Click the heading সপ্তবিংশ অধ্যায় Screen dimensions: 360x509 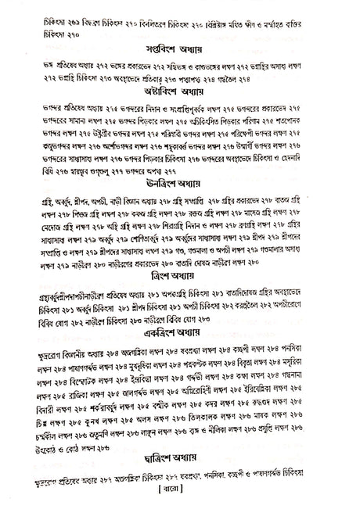coord(180,48)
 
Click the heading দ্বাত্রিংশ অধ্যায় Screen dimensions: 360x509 coord(180,471)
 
